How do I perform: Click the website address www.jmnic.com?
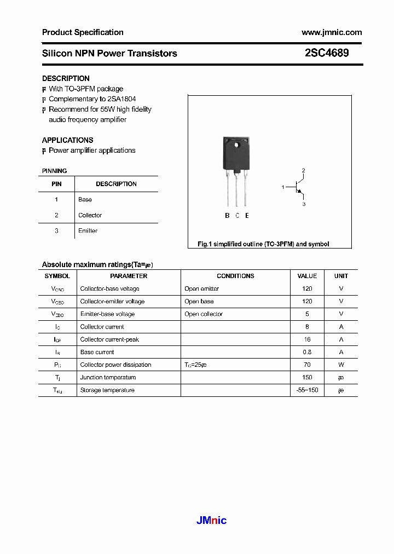click(332, 32)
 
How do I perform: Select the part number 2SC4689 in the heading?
click(327, 53)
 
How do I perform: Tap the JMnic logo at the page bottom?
click(211, 521)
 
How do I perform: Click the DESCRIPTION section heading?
click(66, 78)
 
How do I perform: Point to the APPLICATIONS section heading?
click(67, 140)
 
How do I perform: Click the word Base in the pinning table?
click(85, 200)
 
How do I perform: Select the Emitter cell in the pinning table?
click(88, 231)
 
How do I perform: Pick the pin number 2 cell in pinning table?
click(56, 215)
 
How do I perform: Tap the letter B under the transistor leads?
click(227, 216)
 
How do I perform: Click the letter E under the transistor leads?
click(247, 216)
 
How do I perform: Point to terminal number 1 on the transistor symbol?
click(283, 187)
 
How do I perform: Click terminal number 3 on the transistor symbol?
click(304, 204)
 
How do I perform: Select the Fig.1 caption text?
click(263, 244)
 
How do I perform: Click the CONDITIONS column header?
click(235, 276)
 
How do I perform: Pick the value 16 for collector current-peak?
click(307, 339)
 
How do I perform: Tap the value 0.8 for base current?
click(307, 352)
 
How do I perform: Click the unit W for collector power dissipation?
click(341, 365)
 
